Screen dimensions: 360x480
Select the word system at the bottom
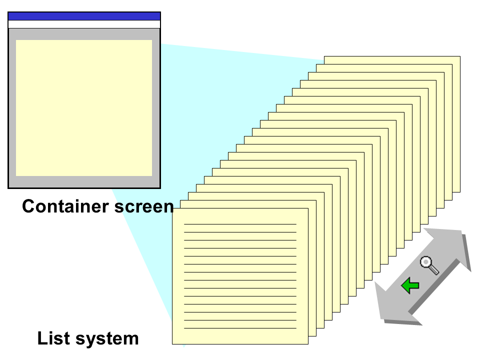(106, 339)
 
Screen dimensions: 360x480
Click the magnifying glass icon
(428, 265)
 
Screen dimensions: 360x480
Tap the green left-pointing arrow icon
(410, 286)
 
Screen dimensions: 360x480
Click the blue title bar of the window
(84, 16)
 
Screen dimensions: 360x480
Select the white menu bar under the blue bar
(84, 24)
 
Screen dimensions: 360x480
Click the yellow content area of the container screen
(84, 107)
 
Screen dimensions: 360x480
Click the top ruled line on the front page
(240, 224)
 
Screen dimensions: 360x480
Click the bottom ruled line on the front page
(240, 328)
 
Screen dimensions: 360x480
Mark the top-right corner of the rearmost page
(459, 56)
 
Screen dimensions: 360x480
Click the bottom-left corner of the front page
(172, 344)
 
